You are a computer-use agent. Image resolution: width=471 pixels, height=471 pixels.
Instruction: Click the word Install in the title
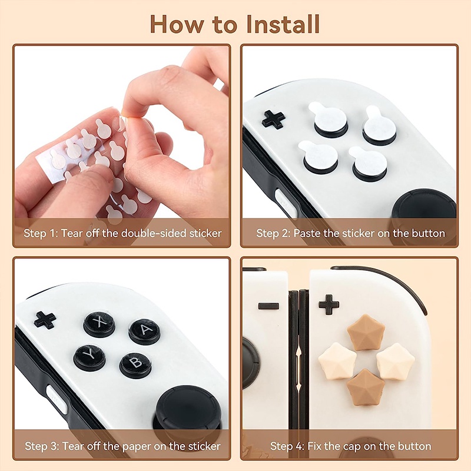click(x=283, y=24)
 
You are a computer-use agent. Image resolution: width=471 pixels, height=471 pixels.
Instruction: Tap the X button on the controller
click(x=99, y=324)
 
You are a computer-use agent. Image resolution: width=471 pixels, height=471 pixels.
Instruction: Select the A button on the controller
click(x=144, y=331)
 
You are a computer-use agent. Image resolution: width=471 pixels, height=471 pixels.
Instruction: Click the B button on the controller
click(x=135, y=365)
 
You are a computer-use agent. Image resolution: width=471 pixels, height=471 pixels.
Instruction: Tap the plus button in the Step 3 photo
click(x=45, y=320)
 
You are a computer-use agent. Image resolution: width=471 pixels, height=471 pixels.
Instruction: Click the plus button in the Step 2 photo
click(x=273, y=120)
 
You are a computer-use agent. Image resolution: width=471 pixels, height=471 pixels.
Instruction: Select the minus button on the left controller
click(x=268, y=306)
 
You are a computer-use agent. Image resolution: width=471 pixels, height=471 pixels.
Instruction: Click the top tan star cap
click(x=366, y=332)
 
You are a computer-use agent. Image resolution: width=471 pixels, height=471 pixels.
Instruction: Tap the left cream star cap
click(x=337, y=361)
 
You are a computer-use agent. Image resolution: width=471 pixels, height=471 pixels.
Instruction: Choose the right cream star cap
click(x=396, y=361)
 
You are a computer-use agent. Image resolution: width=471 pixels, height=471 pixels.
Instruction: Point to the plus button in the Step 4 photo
click(x=329, y=304)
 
